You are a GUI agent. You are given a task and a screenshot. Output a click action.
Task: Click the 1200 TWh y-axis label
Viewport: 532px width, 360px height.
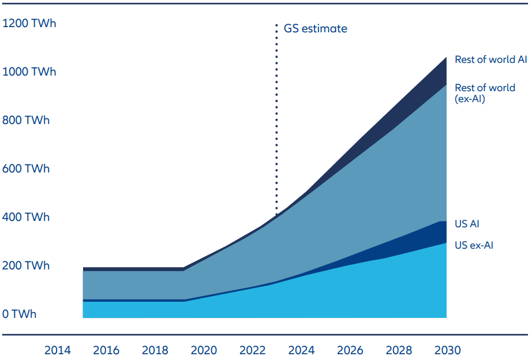(x=29, y=24)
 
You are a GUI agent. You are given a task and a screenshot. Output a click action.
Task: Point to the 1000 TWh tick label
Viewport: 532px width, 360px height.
(x=29, y=72)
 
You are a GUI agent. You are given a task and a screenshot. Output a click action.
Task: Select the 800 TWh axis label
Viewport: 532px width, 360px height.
(x=26, y=121)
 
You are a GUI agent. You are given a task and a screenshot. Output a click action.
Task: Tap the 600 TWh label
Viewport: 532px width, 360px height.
(x=26, y=169)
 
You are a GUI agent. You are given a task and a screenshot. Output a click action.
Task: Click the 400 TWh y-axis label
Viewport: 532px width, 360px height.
(x=26, y=217)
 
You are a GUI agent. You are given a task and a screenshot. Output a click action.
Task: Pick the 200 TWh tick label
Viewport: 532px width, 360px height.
(x=26, y=266)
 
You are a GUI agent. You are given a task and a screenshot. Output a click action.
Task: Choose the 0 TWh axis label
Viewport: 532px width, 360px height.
(x=20, y=314)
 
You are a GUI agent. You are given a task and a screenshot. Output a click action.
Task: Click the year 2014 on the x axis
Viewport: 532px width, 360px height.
(x=58, y=350)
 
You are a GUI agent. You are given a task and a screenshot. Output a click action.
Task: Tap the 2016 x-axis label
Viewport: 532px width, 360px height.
(x=106, y=350)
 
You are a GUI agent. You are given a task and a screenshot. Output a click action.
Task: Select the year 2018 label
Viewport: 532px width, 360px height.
(x=155, y=350)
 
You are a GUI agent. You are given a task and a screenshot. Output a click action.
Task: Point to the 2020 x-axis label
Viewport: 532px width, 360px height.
(x=204, y=350)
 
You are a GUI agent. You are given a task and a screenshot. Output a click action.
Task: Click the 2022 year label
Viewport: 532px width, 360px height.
(x=253, y=350)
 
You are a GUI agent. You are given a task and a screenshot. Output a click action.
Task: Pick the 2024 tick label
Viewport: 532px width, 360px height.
(x=301, y=350)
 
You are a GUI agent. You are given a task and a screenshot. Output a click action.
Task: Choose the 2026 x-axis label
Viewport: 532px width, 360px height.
(x=350, y=350)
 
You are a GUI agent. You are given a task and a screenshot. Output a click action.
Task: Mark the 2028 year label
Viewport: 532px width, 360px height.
(x=399, y=350)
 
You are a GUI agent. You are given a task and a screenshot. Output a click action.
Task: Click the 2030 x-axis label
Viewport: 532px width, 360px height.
(x=447, y=350)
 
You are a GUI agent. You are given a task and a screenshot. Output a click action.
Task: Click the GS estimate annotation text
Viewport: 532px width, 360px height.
(x=316, y=28)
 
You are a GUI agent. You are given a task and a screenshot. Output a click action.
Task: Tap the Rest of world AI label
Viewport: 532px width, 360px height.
(x=491, y=59)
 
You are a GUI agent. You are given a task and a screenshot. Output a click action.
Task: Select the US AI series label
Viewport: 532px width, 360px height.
(x=467, y=224)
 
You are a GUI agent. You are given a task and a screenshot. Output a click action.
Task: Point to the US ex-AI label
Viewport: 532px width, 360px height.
(x=474, y=245)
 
